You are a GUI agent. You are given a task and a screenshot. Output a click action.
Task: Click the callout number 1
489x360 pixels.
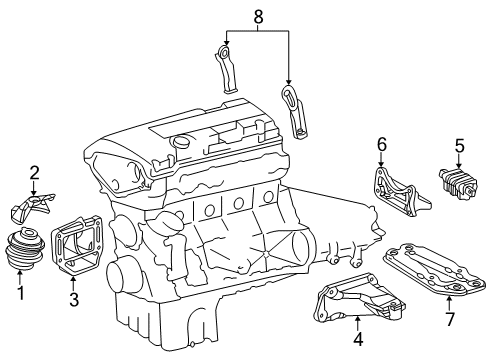(21, 293)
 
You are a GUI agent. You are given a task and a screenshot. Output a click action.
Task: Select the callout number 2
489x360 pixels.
(34, 173)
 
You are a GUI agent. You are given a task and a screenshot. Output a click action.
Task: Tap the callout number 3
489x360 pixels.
(74, 299)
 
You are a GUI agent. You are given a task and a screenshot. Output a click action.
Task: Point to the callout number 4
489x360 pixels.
(358, 339)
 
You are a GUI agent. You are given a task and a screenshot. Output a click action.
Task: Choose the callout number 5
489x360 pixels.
(460, 146)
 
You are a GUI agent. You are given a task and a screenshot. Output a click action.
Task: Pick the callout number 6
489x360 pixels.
(382, 144)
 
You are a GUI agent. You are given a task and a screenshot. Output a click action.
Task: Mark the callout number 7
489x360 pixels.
(450, 319)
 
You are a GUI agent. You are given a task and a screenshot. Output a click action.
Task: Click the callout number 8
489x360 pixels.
(258, 16)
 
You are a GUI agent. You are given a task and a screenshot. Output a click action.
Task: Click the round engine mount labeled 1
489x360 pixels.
(25, 248)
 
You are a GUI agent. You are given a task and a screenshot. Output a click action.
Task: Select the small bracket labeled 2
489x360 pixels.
(32, 208)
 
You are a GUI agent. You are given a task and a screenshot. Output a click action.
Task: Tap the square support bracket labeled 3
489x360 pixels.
(76, 245)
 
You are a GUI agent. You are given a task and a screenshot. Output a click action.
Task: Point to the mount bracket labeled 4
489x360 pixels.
(358, 298)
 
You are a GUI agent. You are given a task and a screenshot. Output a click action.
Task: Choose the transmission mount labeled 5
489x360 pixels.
(458, 184)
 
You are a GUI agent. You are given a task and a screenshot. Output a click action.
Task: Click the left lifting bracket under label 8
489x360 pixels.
(227, 69)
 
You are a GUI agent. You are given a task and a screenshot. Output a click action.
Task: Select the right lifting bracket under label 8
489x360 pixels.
(294, 112)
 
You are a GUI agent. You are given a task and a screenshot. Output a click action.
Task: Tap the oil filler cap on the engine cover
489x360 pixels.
(181, 141)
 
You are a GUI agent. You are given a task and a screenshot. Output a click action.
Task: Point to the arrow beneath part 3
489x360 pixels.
(73, 283)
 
